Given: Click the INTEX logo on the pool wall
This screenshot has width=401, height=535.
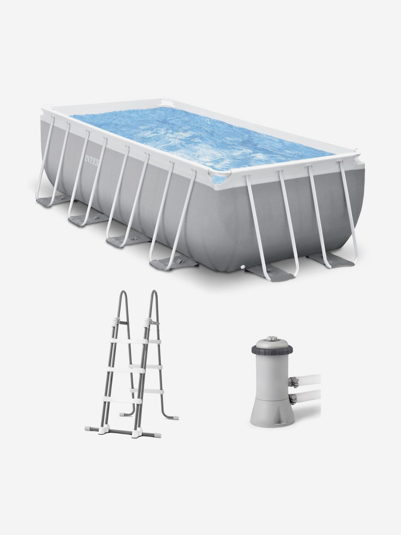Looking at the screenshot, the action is click(x=92, y=160).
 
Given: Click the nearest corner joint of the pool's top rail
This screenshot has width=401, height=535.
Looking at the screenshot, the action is click(x=219, y=174).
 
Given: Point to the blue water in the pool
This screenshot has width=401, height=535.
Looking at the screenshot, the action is click(x=201, y=138).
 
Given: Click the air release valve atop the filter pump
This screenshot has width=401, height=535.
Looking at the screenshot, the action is click(x=272, y=338).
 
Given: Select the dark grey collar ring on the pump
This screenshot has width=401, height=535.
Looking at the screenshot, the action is click(x=272, y=350).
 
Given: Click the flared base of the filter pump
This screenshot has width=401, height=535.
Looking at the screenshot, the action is click(x=272, y=414).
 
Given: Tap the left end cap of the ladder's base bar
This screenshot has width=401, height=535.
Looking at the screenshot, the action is click(x=88, y=427).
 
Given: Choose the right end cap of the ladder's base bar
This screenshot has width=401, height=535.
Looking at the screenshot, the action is click(x=158, y=435).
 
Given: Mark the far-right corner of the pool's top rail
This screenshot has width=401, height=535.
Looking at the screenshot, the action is click(x=357, y=153).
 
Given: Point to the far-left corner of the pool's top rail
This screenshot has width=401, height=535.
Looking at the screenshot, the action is click(x=45, y=110).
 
